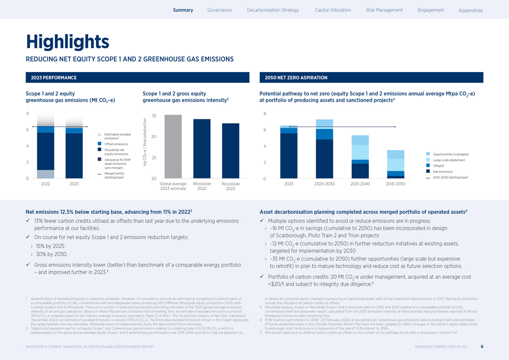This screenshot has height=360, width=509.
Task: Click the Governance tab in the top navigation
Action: [x=220, y=10]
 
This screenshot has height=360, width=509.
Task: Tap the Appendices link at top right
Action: [x=470, y=11]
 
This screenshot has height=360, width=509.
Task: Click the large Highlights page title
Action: [x=67, y=41]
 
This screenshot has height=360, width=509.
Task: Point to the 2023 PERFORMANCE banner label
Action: [x=54, y=78]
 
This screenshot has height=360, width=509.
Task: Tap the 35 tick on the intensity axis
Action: [x=153, y=116]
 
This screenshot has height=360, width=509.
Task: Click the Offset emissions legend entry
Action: [x=116, y=144]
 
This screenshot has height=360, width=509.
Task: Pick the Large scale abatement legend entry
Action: [x=449, y=160]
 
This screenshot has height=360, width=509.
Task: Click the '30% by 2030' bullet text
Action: [x=50, y=254]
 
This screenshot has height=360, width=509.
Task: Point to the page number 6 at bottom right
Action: [x=481, y=347]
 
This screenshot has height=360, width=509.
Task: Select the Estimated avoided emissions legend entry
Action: [x=117, y=136]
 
